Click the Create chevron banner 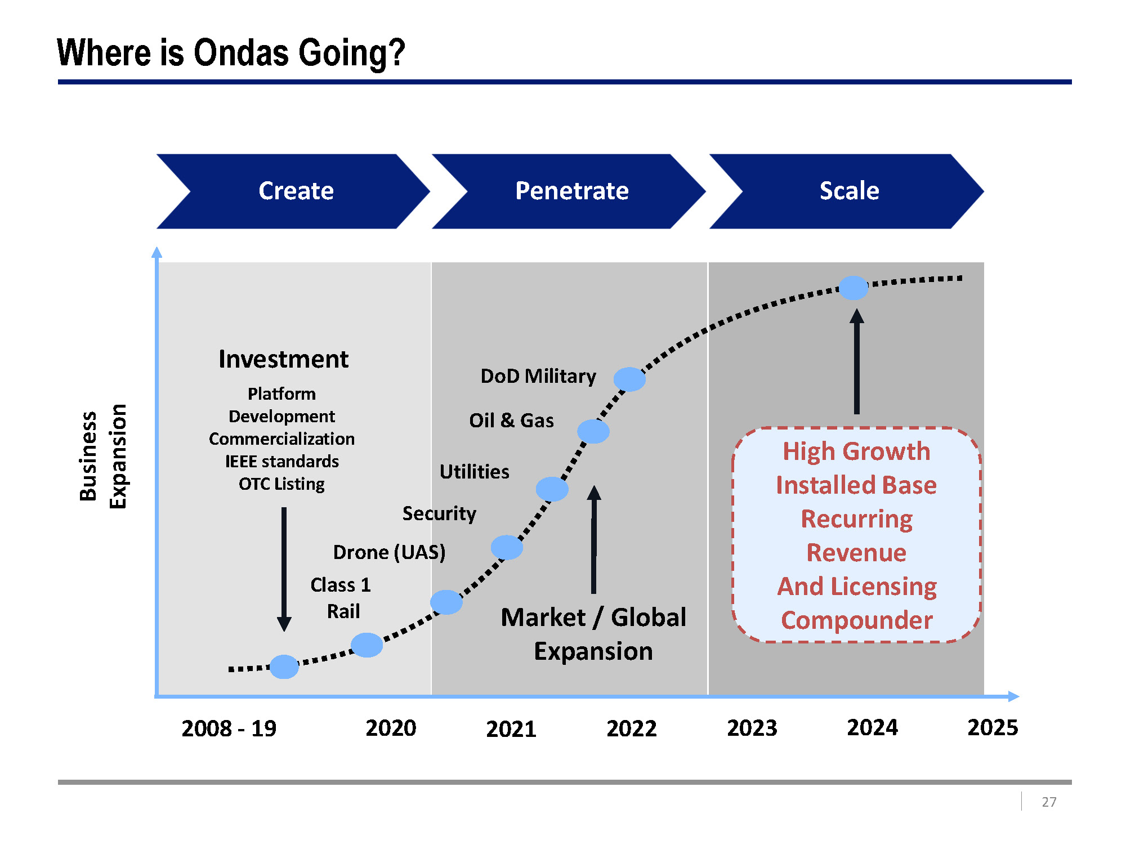[296, 191]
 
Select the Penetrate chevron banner [571, 191]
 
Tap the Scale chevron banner [849, 191]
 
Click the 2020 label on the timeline [391, 728]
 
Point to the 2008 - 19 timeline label [229, 728]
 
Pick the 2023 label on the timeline [752, 728]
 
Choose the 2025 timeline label [993, 727]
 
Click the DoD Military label [538, 376]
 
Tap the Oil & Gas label [511, 421]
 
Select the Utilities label [474, 472]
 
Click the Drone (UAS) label [389, 552]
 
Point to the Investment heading [283, 359]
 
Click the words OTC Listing [281, 484]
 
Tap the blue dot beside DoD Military [629, 379]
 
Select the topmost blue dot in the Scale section [854, 288]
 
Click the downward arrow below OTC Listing [284, 569]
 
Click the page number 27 [1048, 802]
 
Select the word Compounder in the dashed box [856, 620]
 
